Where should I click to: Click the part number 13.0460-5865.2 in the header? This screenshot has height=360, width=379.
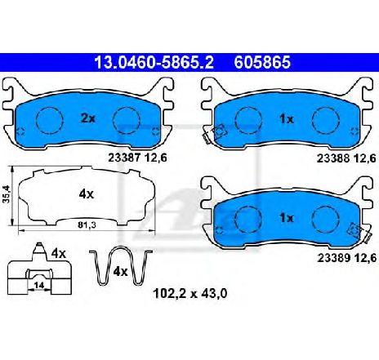click(154, 62)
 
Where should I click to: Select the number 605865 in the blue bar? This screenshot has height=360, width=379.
click(262, 62)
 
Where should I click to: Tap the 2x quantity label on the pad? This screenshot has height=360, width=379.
click(88, 118)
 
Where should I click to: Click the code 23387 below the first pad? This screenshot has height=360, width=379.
click(124, 158)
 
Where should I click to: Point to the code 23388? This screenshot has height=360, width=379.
click(332, 158)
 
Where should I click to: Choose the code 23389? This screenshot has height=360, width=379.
click(333, 258)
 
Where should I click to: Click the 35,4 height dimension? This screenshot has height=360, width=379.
click(6, 194)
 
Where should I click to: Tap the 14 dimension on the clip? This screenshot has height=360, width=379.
click(39, 286)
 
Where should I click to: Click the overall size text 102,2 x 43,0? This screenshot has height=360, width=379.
click(190, 294)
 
